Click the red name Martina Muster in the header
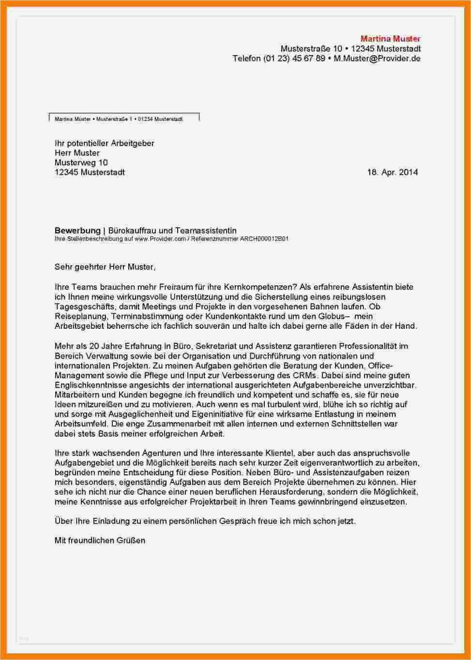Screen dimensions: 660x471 (390, 39)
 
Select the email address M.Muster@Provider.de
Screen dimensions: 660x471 (377, 59)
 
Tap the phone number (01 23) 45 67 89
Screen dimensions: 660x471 (294, 59)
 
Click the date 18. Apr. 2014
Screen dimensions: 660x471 (392, 172)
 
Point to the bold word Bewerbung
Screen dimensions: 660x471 (77, 231)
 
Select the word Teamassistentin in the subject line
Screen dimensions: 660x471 (206, 231)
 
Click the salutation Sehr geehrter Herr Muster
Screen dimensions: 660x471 (105, 266)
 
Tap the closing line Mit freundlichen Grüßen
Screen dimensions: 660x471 (100, 541)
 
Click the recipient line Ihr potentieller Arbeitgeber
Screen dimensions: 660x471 (104, 143)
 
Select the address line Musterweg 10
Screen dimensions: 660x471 (81, 162)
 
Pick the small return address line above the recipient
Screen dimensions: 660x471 (119, 119)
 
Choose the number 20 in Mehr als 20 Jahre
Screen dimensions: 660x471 (87, 346)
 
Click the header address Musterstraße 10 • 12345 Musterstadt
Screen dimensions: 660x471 (350, 49)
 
